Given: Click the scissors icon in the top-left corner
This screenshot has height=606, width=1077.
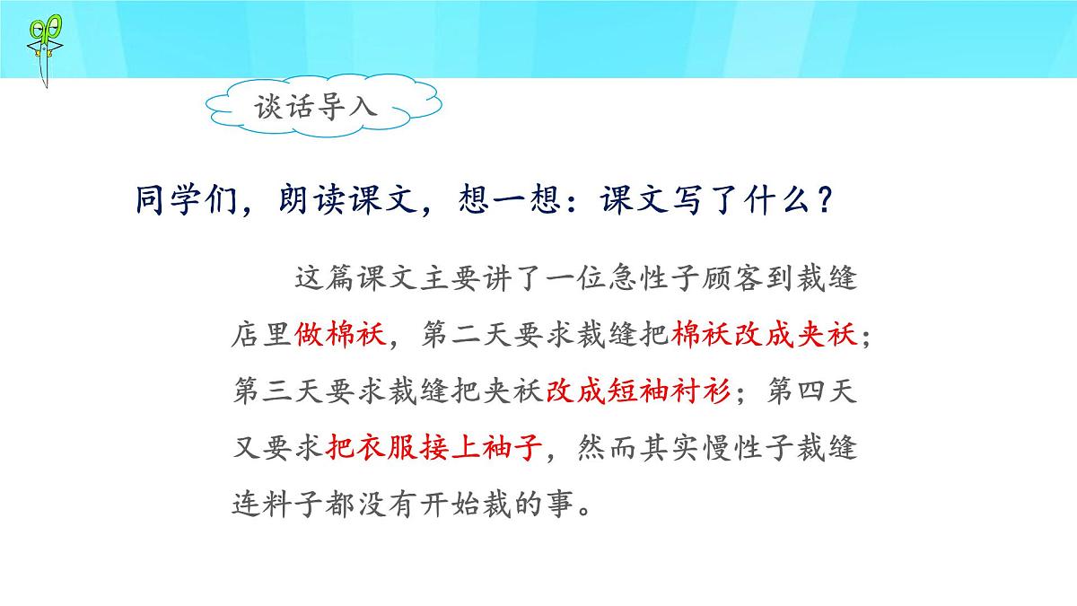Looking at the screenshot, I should point(41,49).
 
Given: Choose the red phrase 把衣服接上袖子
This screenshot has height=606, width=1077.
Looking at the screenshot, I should point(436,448).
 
